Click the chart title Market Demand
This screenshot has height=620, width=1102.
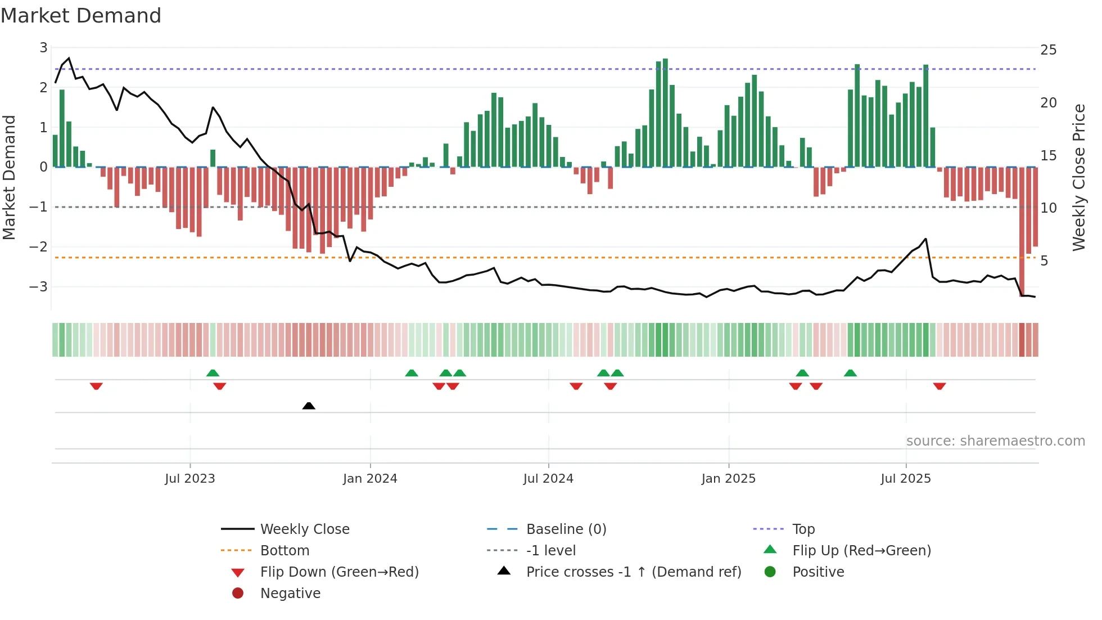coord(81,16)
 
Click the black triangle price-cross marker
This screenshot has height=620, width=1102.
coord(309,406)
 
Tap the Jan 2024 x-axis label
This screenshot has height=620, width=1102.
coord(370,479)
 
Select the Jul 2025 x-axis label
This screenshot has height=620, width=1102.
coord(906,479)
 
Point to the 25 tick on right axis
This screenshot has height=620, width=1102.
coord(1048,50)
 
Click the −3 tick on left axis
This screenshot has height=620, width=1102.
coord(39,287)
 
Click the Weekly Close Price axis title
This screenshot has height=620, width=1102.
coord(1078,177)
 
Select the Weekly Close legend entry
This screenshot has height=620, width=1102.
coord(305,529)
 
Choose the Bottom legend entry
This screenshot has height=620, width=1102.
coord(284,551)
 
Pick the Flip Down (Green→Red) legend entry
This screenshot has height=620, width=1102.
coord(339,572)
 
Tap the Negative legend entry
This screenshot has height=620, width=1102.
coord(290,594)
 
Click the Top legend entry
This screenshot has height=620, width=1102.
coord(803,529)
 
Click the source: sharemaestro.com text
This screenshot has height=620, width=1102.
coord(995,441)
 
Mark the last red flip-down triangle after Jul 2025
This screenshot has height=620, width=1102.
coord(940,386)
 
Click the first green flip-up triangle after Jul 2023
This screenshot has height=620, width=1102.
coord(213,373)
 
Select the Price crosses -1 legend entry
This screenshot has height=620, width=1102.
coord(634,572)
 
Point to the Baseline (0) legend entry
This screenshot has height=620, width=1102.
coord(566,529)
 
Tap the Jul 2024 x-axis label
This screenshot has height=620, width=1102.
coord(548,479)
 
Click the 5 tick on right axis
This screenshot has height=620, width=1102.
coord(1044,261)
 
